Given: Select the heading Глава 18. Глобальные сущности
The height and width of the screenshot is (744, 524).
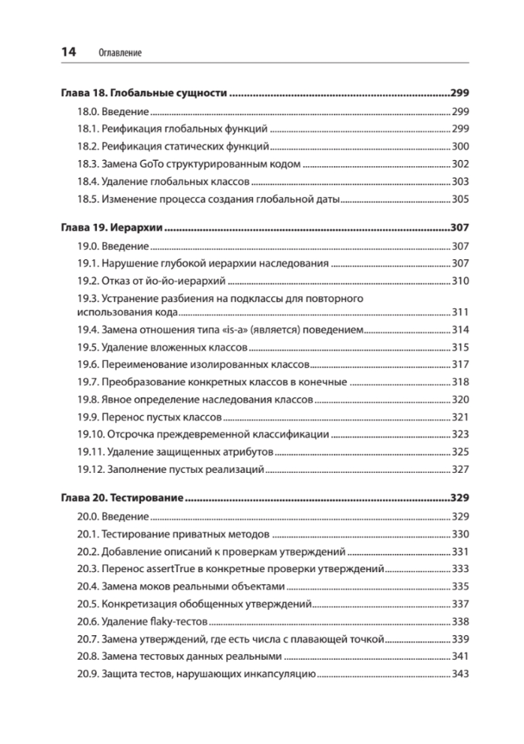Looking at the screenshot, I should [x=143, y=93].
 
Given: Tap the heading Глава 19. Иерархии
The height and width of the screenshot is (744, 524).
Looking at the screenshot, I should [x=111, y=227].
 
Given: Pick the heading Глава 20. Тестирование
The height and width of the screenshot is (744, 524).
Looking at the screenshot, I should [x=122, y=498].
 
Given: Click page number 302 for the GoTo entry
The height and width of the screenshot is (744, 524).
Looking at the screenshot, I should [x=461, y=164].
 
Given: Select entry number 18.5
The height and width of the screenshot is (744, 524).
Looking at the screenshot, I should [x=87, y=199].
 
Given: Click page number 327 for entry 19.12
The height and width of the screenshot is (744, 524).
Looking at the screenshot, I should [x=461, y=471].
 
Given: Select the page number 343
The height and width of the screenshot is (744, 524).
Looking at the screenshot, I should [x=461, y=674].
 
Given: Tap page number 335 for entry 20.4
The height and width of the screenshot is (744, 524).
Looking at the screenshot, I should [x=461, y=587].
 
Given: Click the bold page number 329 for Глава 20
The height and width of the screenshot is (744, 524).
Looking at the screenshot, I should [x=459, y=498].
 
